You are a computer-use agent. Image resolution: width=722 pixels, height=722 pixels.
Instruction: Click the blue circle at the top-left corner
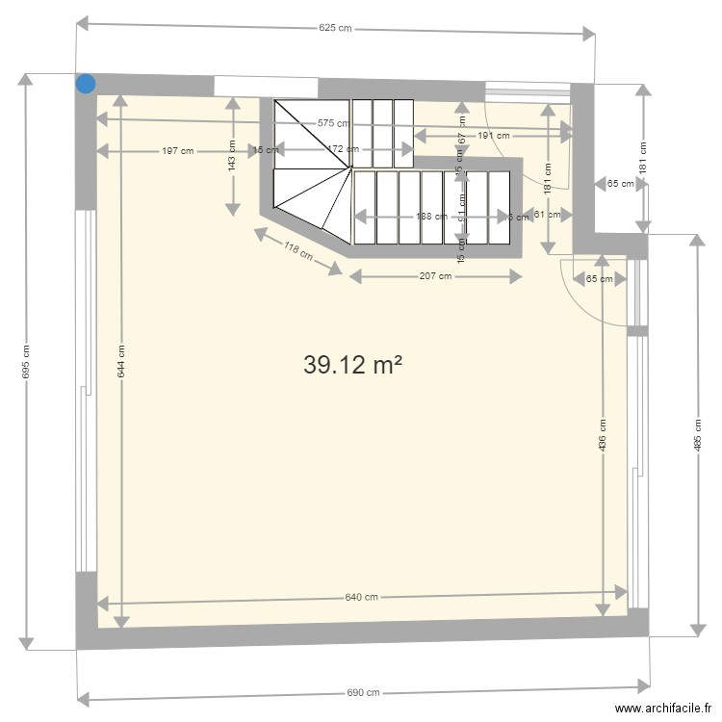point(86,84)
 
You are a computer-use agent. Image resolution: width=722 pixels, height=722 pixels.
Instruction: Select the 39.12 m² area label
point(352,365)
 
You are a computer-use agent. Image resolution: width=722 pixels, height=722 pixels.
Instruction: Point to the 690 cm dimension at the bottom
point(363,692)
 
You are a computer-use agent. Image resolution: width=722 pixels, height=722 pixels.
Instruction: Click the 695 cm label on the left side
point(26,361)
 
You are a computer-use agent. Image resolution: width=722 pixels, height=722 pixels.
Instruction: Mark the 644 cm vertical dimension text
point(120,361)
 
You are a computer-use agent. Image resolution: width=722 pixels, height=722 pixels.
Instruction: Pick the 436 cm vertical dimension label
point(603,435)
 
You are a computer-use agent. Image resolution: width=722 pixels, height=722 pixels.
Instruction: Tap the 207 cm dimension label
point(435,277)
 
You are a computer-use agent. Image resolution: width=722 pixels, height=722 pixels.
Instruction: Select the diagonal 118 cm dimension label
point(297,251)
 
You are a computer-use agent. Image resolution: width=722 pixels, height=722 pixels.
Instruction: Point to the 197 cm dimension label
point(177,150)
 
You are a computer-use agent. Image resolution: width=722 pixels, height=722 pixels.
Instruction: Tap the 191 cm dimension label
point(493,136)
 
